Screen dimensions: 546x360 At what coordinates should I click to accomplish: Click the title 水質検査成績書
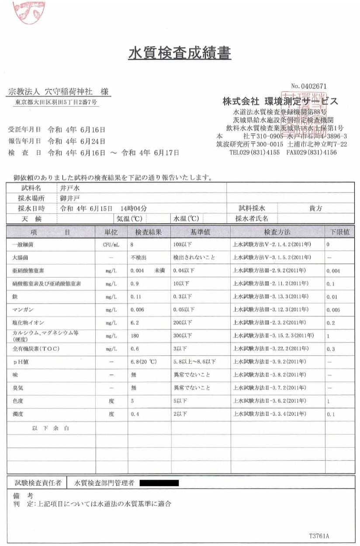click(180, 53)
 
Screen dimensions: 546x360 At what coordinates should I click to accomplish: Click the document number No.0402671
click(308, 86)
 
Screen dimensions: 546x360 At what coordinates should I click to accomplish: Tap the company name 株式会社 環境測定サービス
click(280, 101)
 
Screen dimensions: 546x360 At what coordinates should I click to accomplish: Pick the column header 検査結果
click(149, 232)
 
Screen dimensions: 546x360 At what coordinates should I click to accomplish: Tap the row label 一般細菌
click(21, 245)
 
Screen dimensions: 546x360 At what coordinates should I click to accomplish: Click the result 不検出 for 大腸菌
click(139, 258)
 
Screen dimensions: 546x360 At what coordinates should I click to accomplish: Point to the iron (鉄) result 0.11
click(137, 297)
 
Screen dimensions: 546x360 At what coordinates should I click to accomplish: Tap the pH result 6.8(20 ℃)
click(144, 362)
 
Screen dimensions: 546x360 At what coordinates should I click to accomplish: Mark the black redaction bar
click(159, 483)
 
